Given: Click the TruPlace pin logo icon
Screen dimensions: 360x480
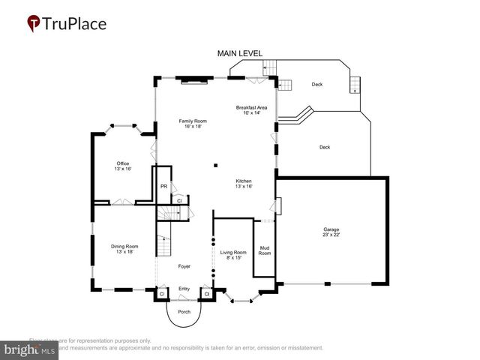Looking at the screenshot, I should [x=34, y=24].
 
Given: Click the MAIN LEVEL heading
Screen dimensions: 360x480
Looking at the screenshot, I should [x=239, y=54].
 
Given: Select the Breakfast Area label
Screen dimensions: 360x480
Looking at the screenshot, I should [x=251, y=110].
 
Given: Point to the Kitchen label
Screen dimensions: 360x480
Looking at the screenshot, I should [x=244, y=184].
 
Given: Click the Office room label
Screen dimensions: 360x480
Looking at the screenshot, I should [x=123, y=166].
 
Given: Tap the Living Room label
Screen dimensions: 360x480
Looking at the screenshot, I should [x=233, y=255].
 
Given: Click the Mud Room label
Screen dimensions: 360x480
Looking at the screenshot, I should [x=264, y=250].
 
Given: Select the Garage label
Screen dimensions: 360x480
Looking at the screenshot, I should [x=331, y=233].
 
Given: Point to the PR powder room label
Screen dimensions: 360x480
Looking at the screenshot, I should [x=163, y=186].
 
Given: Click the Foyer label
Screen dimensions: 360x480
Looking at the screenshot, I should [x=184, y=266].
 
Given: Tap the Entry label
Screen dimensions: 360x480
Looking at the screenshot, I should [x=184, y=289].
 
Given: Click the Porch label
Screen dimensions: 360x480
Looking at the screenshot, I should [x=184, y=311].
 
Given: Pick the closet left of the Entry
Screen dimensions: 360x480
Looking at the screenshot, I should [x=161, y=294].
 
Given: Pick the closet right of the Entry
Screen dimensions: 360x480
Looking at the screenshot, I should [x=206, y=294].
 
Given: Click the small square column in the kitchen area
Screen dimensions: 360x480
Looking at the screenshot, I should [x=215, y=165].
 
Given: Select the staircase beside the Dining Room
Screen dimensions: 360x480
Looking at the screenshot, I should [x=163, y=244].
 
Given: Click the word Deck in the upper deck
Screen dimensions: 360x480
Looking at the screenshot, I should [x=317, y=84].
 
